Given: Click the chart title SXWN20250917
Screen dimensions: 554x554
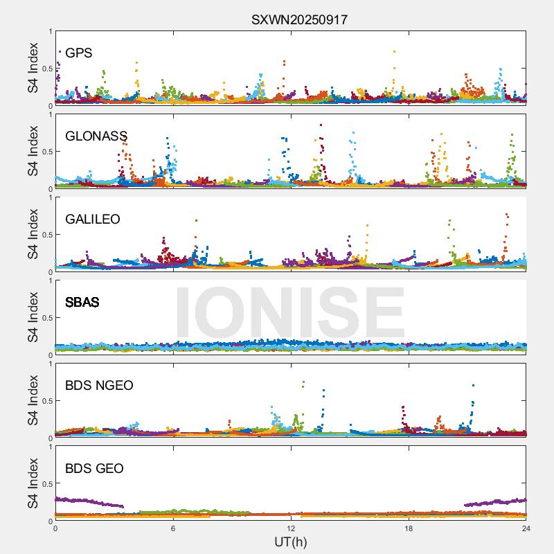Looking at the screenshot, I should [x=299, y=20].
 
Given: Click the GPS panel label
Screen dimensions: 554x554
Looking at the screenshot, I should [x=78, y=53].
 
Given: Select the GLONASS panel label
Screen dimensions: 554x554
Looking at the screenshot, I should [x=96, y=136].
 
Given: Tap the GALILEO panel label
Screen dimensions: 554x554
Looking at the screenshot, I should [x=93, y=220].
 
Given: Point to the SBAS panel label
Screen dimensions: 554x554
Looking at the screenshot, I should [x=82, y=303].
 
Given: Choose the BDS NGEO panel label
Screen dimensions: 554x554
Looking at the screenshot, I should [x=99, y=386].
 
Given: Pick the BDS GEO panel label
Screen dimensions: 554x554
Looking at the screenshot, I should [x=94, y=469].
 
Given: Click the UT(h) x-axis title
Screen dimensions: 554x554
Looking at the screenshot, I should [x=290, y=541].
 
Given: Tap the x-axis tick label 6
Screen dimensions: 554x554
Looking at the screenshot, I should [x=173, y=528].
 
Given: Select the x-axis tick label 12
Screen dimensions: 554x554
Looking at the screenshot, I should [x=291, y=528].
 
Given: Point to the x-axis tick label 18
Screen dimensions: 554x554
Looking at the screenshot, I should [x=409, y=528].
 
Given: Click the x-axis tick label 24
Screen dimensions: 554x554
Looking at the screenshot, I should [x=526, y=528].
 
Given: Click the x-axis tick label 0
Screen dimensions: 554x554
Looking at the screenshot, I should [x=55, y=528].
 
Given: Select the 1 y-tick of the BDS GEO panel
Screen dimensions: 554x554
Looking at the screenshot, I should [x=50, y=447].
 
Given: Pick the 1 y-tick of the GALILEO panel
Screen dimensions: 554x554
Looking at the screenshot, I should [x=50, y=197].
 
